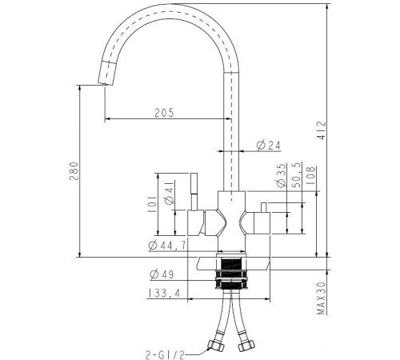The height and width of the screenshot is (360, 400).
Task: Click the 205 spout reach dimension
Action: click(x=164, y=113)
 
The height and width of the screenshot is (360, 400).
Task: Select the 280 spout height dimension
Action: click(x=74, y=171)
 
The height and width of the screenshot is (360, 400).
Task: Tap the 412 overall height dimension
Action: click(x=322, y=130)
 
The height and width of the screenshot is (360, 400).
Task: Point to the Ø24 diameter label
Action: click(x=269, y=146)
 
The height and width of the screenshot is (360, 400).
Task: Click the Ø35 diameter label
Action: click(x=281, y=175)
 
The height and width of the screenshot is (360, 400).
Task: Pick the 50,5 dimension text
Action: click(x=298, y=174)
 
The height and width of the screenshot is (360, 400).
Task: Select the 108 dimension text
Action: click(x=310, y=176)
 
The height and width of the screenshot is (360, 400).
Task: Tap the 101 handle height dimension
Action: click(x=152, y=204)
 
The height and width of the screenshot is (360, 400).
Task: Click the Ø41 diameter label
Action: click(x=169, y=193)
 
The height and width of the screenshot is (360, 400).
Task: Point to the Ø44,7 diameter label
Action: click(x=167, y=246)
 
